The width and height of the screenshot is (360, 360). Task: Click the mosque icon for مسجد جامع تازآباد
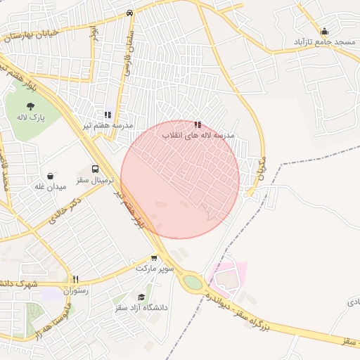click(323, 31)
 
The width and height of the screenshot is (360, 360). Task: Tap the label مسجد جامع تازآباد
click(324, 42)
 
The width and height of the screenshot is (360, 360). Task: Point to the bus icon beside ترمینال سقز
click(96, 169)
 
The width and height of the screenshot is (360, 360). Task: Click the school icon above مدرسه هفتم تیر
click(108, 114)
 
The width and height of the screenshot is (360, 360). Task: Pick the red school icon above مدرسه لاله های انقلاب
click(198, 124)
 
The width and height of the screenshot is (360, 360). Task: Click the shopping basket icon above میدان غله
click(50, 176)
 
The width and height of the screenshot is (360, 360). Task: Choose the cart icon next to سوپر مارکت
click(154, 259)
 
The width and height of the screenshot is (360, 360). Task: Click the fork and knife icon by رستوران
click(75, 279)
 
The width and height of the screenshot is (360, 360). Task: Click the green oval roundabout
click(192, 283)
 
